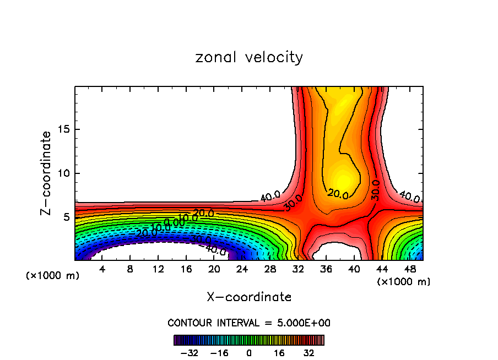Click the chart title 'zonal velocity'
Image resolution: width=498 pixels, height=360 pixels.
pos(249,57)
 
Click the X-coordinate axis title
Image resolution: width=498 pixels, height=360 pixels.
pos(249,297)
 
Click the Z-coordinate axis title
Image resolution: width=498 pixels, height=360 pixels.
pos(46,172)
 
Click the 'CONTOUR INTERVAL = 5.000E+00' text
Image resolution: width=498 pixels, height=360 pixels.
pos(249,323)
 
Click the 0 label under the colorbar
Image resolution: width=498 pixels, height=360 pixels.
pos(249,352)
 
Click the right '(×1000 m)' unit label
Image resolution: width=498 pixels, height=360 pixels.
pos(404,282)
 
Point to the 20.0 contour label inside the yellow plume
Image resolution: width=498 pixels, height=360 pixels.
pos(337,194)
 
